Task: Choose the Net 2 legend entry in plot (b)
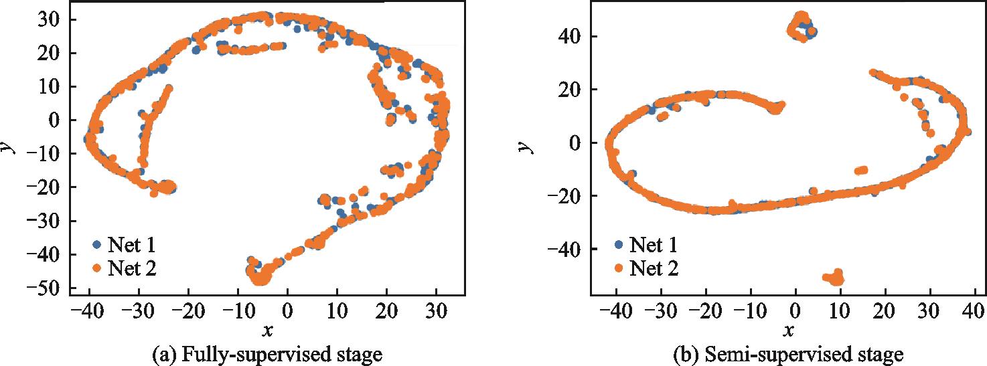click(x=646, y=269)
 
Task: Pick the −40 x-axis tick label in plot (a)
click(x=88, y=310)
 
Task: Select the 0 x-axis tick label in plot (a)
click(x=287, y=310)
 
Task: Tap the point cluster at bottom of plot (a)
click(x=260, y=273)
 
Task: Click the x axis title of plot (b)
click(x=789, y=331)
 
